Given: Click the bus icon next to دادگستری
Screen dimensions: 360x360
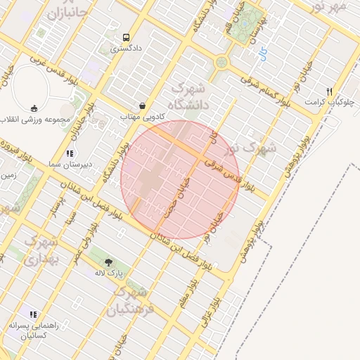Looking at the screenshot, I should [x=125, y=37].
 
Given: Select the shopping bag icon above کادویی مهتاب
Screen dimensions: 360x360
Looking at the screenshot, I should [x=143, y=106].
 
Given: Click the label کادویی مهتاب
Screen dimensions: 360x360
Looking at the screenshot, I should [x=141, y=116].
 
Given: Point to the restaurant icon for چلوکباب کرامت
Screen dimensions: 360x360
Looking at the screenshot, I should [x=328, y=91].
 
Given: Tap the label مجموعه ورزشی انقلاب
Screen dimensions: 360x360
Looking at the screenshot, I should [x=34, y=119].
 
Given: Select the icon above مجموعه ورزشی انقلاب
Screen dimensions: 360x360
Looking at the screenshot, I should [x=34, y=108].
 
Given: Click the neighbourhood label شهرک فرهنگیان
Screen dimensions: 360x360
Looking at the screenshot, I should [x=131, y=300].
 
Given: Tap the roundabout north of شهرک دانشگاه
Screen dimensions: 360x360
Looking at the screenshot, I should [x=222, y=62].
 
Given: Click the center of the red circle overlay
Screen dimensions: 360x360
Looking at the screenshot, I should [x=181, y=179].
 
